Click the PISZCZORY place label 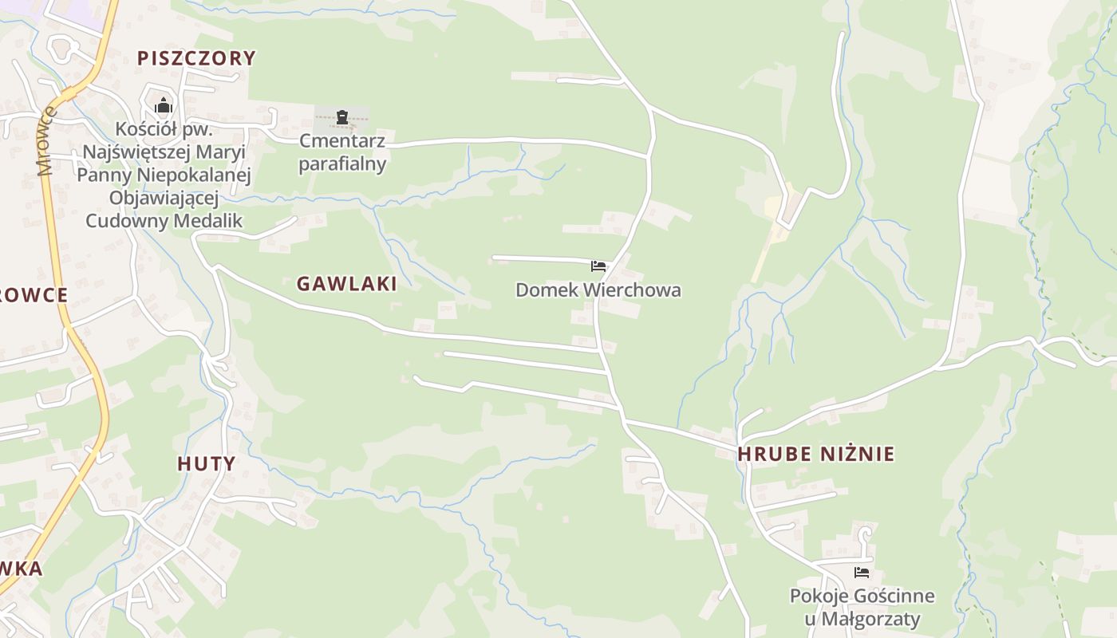point(196,58)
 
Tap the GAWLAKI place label point(346,284)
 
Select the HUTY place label point(206,464)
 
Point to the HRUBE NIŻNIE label point(815,455)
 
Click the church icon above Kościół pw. point(164,105)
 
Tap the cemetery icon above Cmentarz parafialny point(342,117)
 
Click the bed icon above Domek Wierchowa point(598,266)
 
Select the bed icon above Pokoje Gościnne point(861,573)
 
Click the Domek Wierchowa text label point(598,290)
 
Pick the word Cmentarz point(342,142)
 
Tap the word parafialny point(342,164)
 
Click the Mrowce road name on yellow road point(47,142)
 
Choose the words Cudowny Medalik point(164,221)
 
